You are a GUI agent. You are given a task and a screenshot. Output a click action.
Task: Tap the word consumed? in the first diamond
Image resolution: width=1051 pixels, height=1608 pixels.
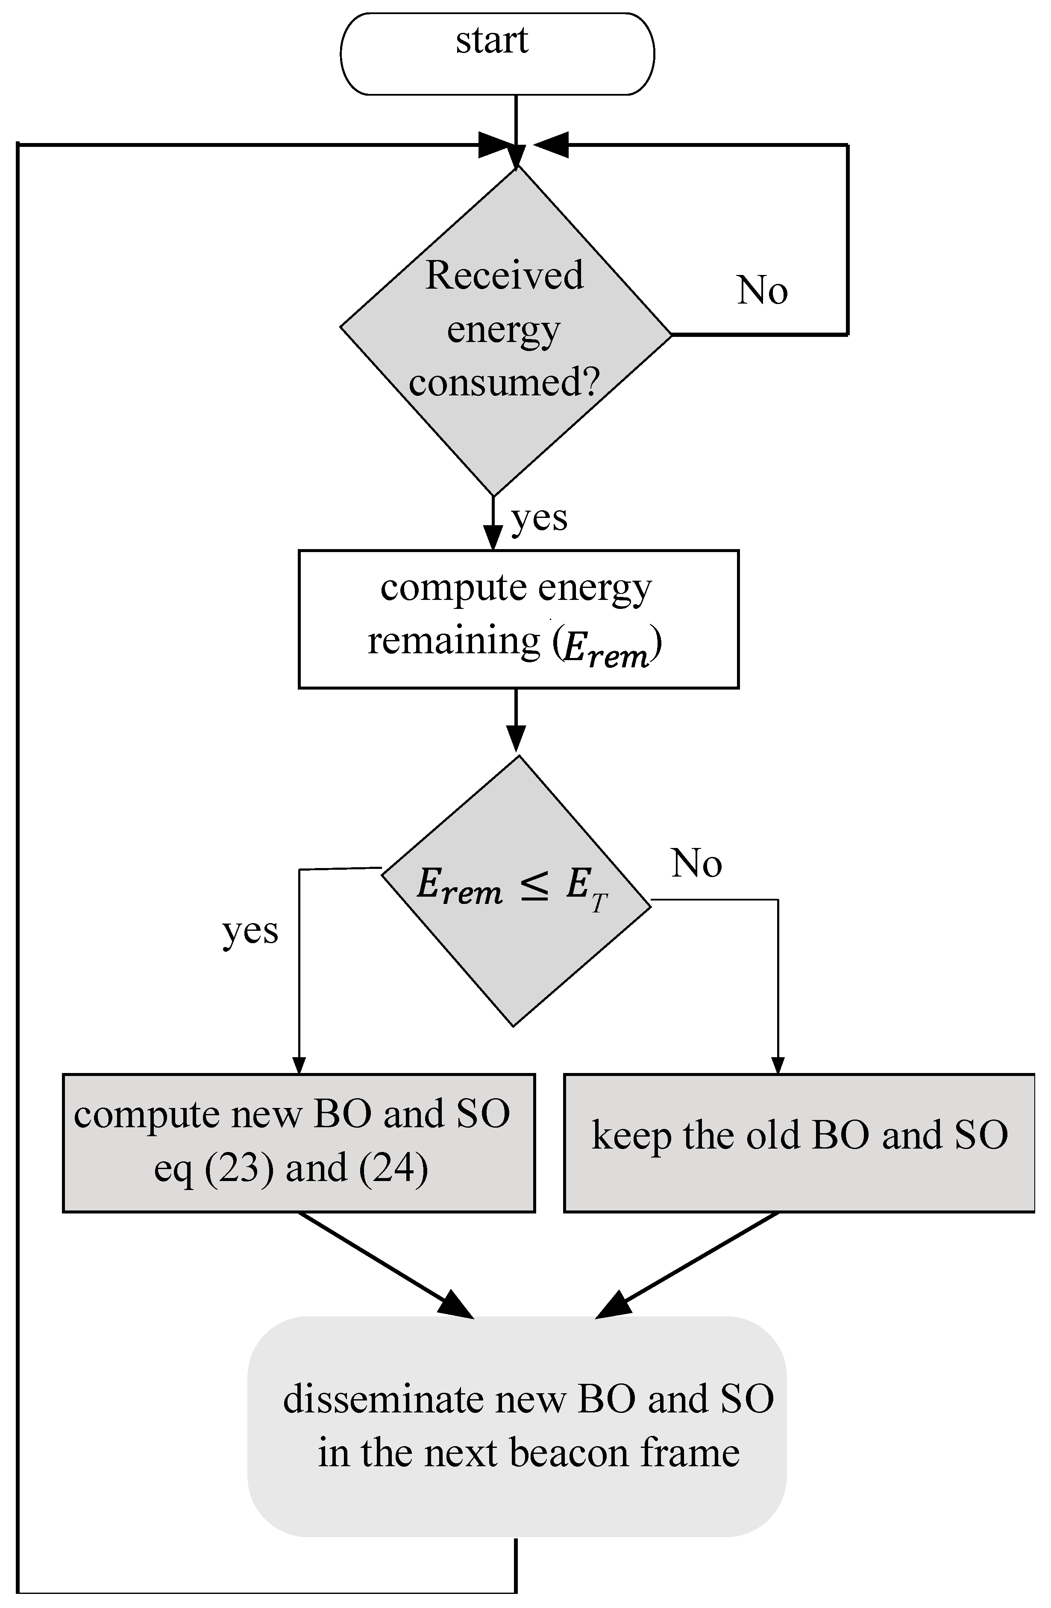click(504, 383)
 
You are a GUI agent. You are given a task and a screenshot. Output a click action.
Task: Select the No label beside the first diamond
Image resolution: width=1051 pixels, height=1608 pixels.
click(762, 290)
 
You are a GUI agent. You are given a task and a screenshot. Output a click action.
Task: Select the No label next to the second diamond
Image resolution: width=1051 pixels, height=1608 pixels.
click(696, 863)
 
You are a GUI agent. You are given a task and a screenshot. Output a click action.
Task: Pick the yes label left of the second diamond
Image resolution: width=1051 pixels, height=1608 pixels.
click(250, 931)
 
